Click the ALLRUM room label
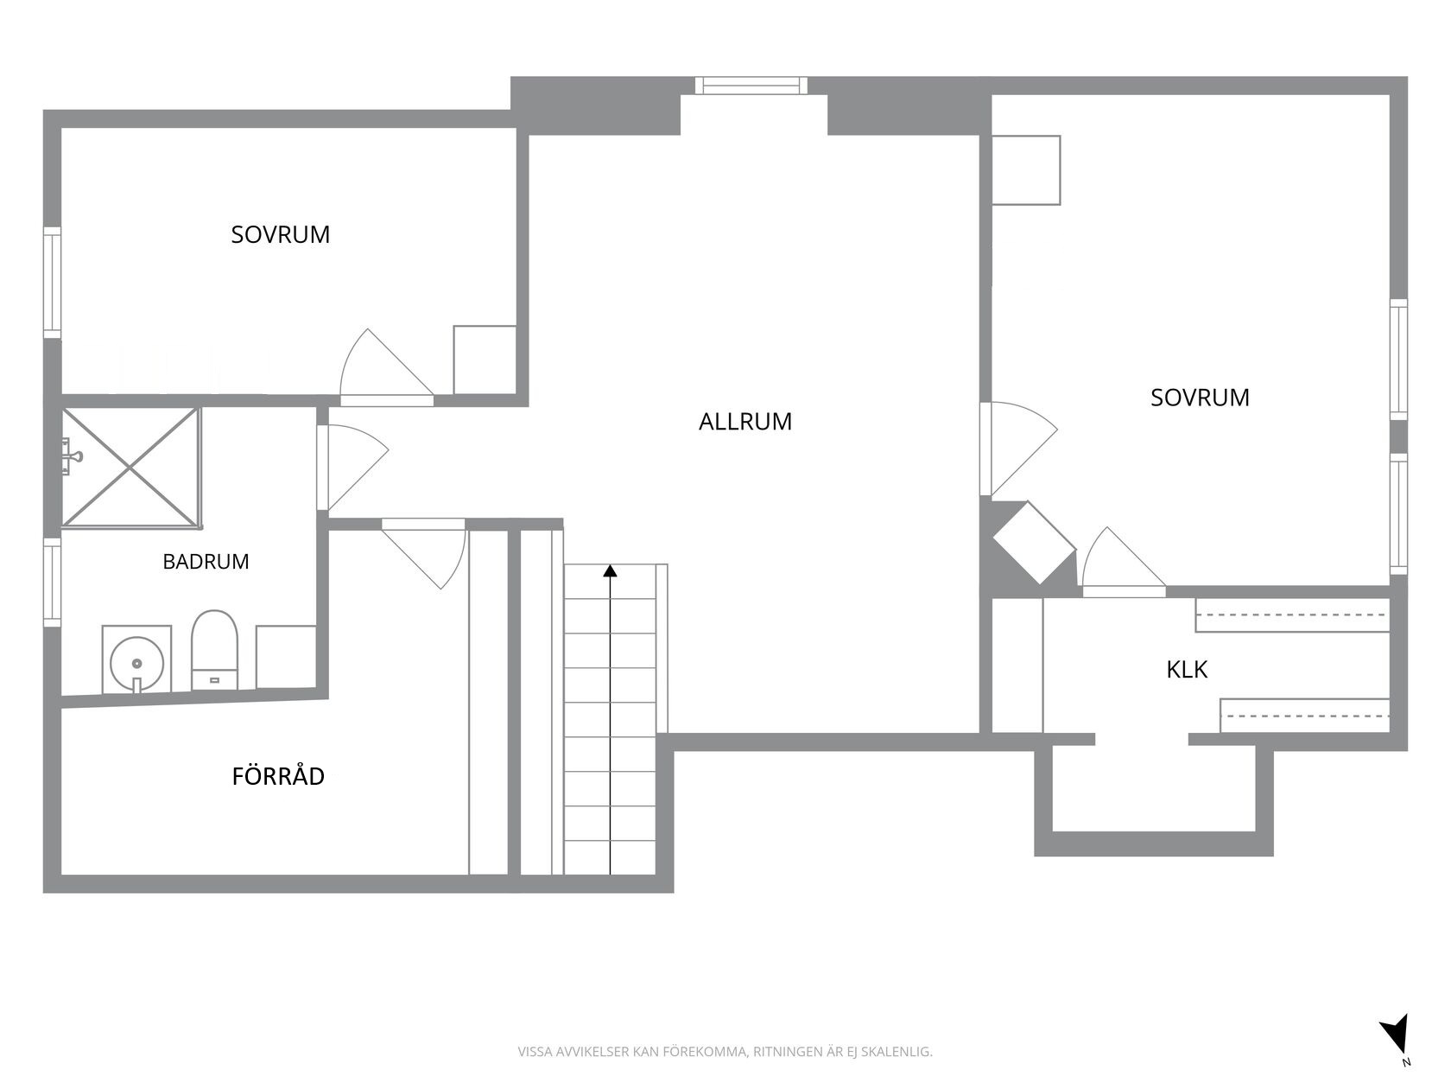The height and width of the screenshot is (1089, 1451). coord(745,422)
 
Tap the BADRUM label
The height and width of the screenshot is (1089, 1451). coord(206,562)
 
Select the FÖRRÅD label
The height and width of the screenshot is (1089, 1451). coord(278,775)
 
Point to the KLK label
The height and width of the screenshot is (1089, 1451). coord(1187,670)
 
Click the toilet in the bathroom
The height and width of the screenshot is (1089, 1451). coord(214,650)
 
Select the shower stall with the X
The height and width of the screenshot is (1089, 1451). coord(131,468)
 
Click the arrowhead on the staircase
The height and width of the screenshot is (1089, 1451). coord(610,571)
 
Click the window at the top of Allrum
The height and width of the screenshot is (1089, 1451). coord(751,86)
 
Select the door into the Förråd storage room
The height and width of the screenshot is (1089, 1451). coord(424,553)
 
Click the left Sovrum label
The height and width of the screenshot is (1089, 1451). coord(281,235)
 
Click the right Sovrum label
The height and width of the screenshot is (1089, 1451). coord(1200,398)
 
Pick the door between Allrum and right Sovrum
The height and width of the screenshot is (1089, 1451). coord(1018,449)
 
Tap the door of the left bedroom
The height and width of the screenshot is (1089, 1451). coord(387,367)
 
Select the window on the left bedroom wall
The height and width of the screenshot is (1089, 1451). coord(52,283)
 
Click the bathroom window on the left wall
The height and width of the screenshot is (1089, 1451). coord(52,582)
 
